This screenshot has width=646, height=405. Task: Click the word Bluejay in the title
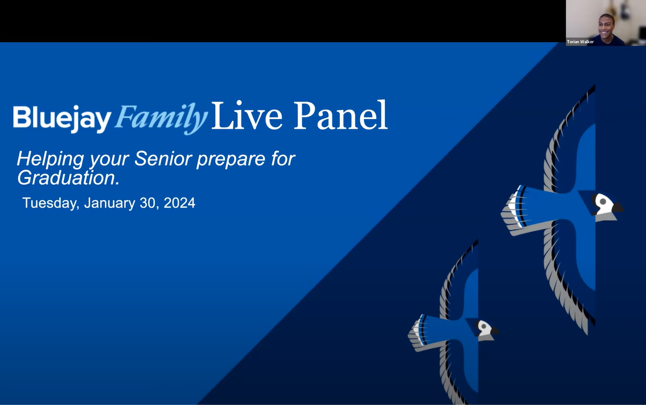tap(62, 118)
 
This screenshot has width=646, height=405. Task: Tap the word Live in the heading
tap(246, 116)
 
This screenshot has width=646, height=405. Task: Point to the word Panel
tap(340, 116)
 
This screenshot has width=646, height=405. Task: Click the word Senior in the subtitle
tap(164, 158)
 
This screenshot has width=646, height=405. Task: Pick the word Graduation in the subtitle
tap(69, 178)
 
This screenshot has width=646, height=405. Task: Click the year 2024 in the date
tap(179, 203)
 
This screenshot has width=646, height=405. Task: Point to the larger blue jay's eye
tap(603, 202)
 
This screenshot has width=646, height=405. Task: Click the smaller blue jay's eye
tap(484, 327)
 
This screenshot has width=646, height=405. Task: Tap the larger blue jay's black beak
tap(617, 207)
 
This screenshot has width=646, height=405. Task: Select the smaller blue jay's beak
tap(494, 331)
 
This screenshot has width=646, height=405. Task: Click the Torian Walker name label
tap(580, 42)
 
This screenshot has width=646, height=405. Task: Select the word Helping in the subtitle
tap(51, 159)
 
